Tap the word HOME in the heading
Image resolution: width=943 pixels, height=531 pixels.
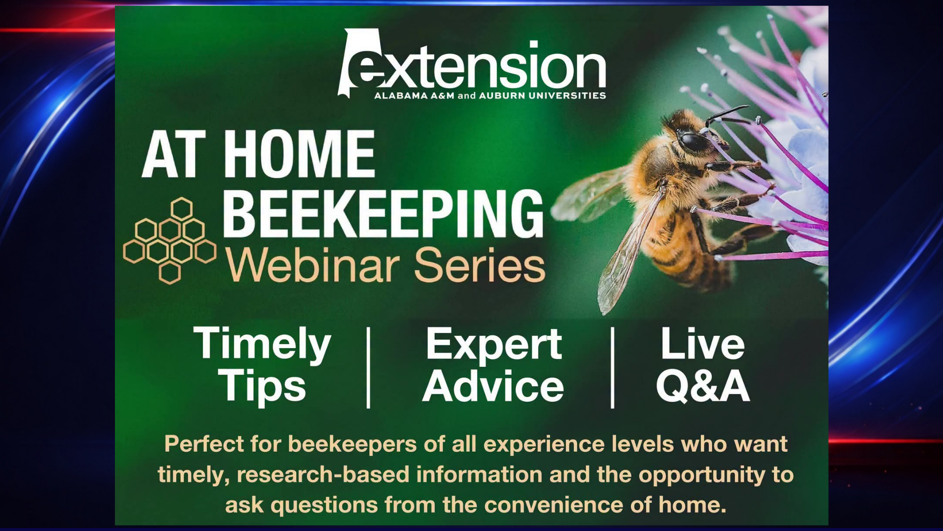300,154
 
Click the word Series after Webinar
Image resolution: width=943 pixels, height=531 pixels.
479,265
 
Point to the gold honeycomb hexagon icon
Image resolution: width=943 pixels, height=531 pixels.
169,241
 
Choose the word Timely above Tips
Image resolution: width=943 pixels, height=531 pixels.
262,345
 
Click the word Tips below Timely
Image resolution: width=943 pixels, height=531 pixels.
262,386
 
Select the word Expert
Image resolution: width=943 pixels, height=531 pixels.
494,345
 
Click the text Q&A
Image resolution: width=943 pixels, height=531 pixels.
703,386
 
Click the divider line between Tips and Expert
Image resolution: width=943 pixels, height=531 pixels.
368,368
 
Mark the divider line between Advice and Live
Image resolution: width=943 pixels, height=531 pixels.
612,368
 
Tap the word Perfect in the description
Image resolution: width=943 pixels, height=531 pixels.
204,444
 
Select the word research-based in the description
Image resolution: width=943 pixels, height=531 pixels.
323,474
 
